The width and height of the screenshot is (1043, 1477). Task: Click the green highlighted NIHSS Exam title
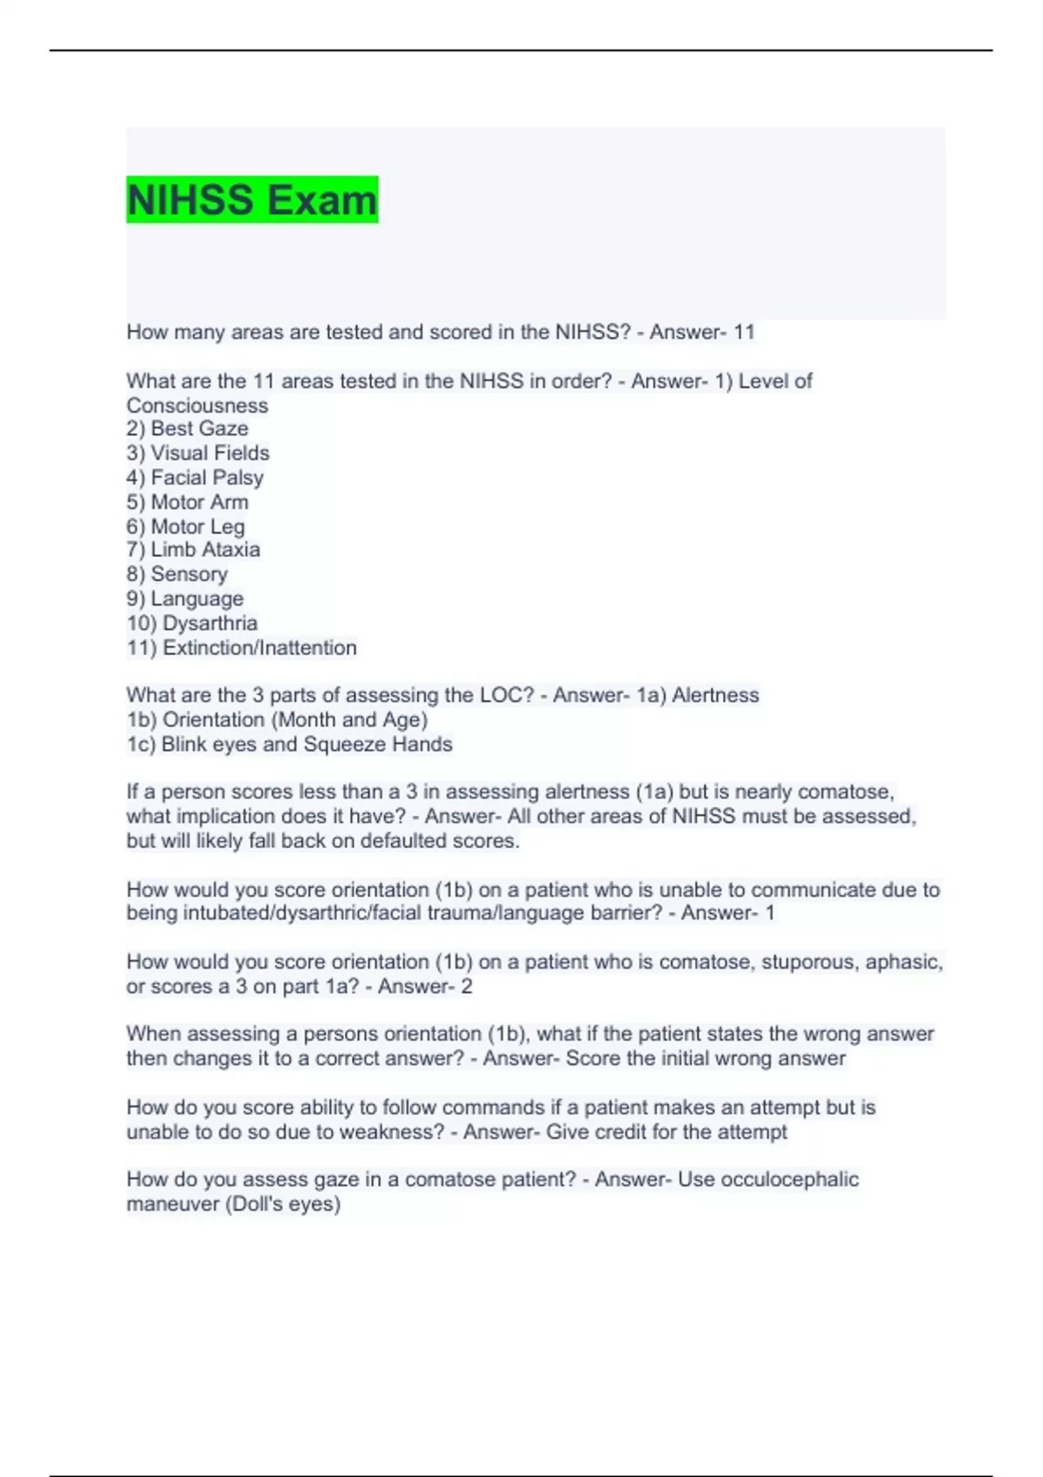[252, 200]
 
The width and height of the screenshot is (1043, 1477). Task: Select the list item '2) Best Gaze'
[187, 428]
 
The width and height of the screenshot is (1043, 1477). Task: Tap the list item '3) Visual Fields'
[197, 453]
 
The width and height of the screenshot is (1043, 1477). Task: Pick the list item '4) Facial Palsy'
[195, 477]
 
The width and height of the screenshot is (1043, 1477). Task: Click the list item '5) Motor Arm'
[187, 501]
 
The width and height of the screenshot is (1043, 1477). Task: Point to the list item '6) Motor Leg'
[185, 527]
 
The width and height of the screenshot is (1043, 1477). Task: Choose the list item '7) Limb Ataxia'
[193, 549]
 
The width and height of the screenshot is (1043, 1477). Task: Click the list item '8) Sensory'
[176, 573]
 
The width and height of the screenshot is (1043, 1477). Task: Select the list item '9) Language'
[184, 599]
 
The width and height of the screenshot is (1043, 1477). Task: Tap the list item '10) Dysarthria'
[191, 623]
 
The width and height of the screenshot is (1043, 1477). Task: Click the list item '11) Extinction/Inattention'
[241, 647]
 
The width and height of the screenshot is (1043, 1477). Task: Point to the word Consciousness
[197, 406]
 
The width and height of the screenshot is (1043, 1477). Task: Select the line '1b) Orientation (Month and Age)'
[276, 719]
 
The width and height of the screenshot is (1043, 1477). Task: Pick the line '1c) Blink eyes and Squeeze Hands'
[289, 744]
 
